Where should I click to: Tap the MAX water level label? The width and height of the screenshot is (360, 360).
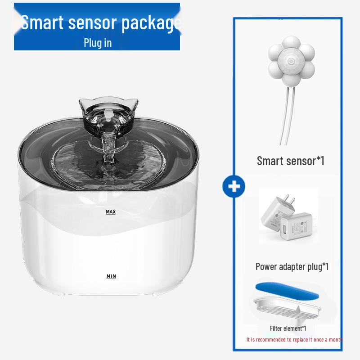[x=111, y=211]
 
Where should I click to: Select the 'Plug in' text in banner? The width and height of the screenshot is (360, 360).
[x=97, y=43]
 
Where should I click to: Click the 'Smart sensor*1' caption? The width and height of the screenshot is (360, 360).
[x=290, y=161]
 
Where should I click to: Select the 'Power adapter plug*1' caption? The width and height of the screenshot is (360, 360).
[x=292, y=266]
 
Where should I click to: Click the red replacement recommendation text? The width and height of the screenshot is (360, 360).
[x=294, y=339]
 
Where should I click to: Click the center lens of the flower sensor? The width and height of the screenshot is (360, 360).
[x=290, y=59]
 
